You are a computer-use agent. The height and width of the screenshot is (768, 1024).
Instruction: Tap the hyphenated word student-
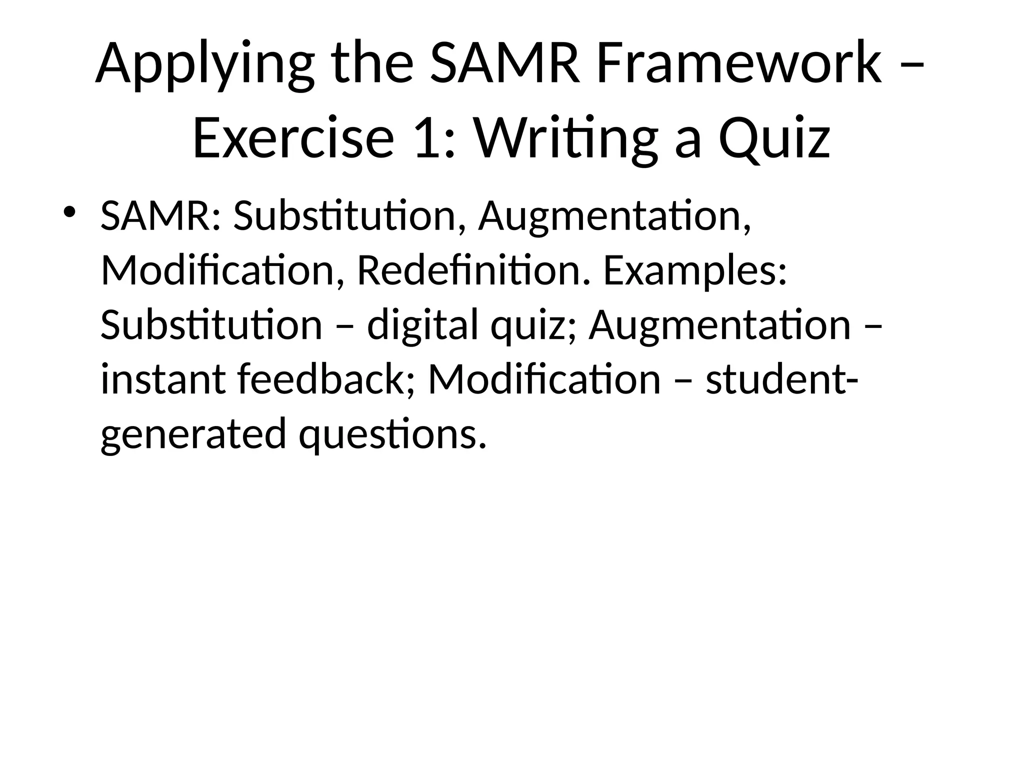click(x=782, y=379)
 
